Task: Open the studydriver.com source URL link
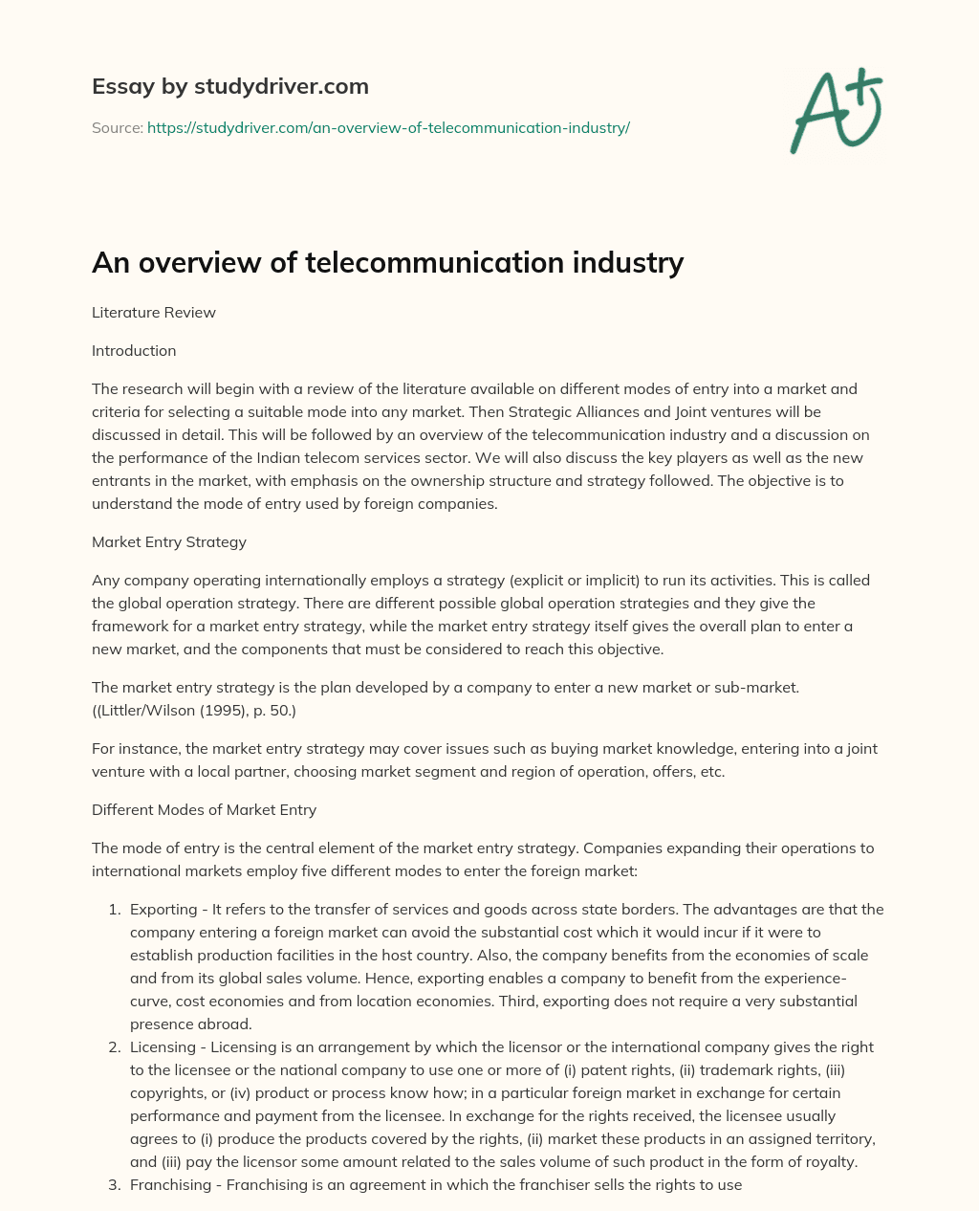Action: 388,127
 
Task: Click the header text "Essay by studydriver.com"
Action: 229,86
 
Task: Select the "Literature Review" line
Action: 154,312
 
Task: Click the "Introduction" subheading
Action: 134,350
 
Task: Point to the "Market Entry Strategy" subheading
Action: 169,541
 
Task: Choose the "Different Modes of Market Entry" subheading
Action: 204,809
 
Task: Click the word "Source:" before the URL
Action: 117,127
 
